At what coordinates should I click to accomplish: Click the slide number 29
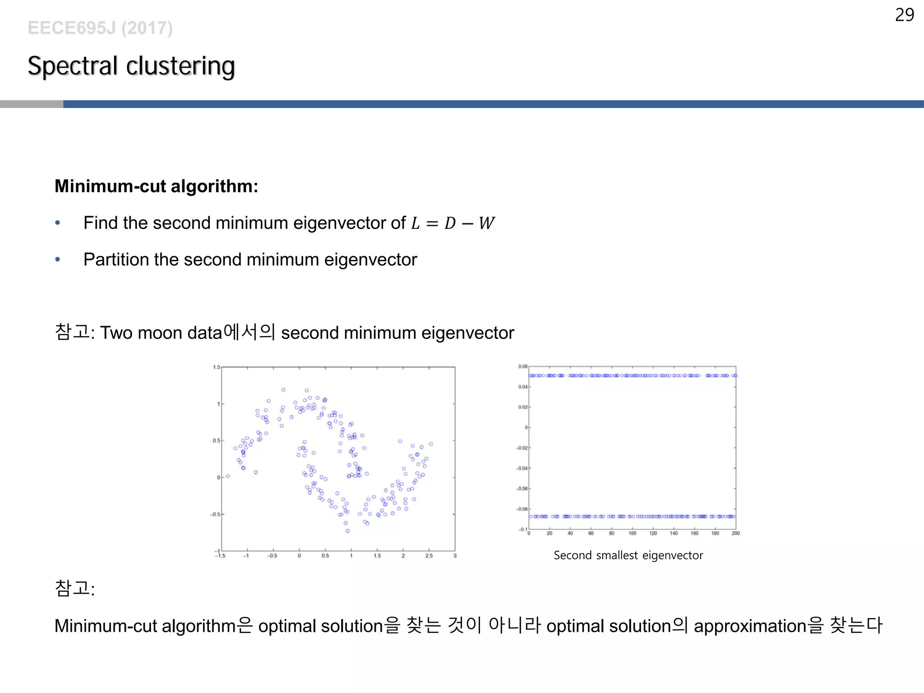point(904,15)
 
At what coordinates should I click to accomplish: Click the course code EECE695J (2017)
point(100,28)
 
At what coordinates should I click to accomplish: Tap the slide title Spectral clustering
point(131,66)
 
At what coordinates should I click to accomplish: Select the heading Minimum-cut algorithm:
point(156,186)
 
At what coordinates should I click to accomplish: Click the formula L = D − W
point(453,223)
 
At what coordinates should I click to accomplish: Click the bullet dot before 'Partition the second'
point(57,259)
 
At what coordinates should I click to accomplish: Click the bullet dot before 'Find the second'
point(57,223)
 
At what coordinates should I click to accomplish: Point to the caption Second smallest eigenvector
point(628,555)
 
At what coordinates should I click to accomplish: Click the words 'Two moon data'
point(161,333)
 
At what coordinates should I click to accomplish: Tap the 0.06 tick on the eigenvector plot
point(522,366)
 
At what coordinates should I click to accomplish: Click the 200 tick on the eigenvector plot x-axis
point(735,533)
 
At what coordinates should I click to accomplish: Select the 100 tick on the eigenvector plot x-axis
point(632,533)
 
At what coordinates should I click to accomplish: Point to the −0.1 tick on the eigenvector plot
point(522,529)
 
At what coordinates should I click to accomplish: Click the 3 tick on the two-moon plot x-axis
point(455,556)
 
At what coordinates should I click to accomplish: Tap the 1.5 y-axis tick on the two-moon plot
point(217,367)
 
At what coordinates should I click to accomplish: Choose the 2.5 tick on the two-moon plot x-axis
point(429,556)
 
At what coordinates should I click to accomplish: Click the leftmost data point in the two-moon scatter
point(228,476)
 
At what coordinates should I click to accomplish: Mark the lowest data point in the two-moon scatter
point(347,531)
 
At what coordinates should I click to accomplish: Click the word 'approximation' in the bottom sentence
point(749,626)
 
